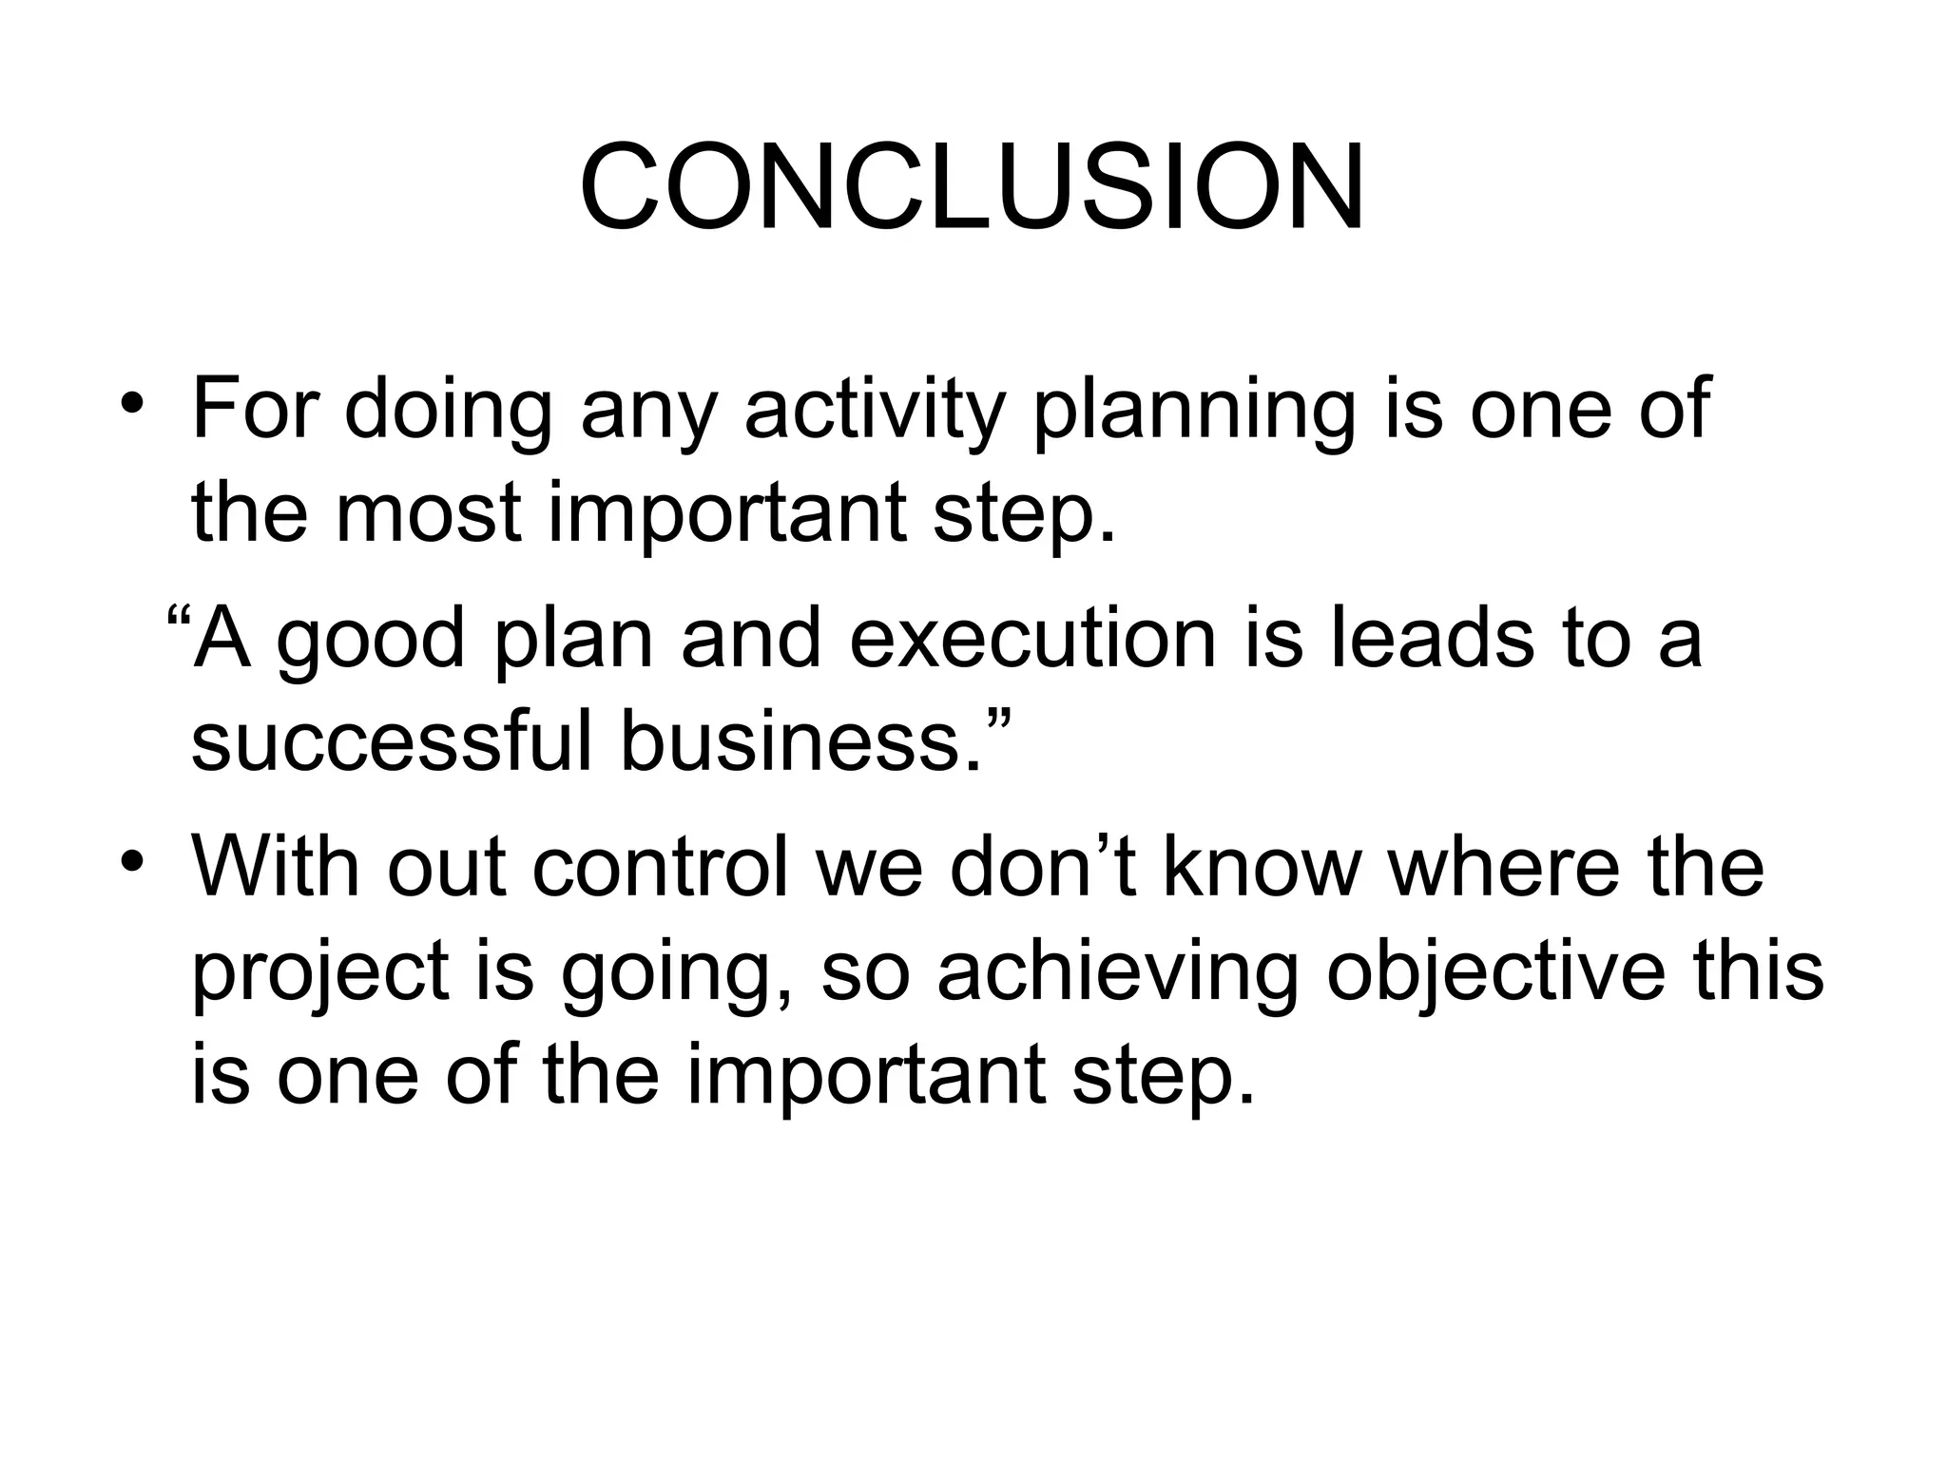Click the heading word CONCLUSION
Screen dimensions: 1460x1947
[x=972, y=187]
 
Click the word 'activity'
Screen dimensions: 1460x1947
[x=874, y=410]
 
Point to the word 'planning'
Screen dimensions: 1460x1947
[x=1194, y=410]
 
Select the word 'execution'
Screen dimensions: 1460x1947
[x=1032, y=639]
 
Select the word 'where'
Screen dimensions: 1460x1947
[x=1504, y=867]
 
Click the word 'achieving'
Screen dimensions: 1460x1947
[x=1117, y=972]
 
